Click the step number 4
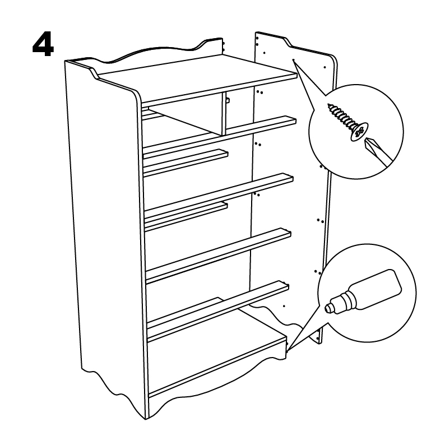pyautogui.click(x=43, y=47)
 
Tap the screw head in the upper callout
pyautogui.click(x=359, y=132)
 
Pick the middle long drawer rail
pyautogui.click(x=219, y=201)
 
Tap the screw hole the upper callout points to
pyautogui.click(x=294, y=60)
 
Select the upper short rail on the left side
pyautogui.click(x=186, y=163)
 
